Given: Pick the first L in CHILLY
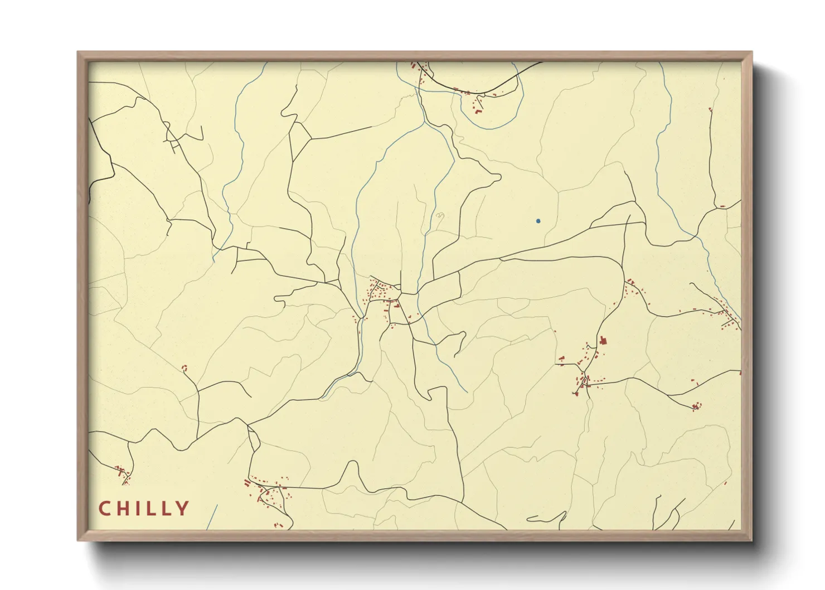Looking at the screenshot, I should [152, 509].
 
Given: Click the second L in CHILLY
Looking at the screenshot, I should [166, 509].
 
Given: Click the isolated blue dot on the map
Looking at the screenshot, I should [538, 221].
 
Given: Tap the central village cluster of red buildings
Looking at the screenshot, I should [382, 292].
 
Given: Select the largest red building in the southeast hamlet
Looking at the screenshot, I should [603, 340].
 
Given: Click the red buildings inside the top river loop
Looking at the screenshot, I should [478, 104].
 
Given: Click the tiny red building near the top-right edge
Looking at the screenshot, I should [710, 110].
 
